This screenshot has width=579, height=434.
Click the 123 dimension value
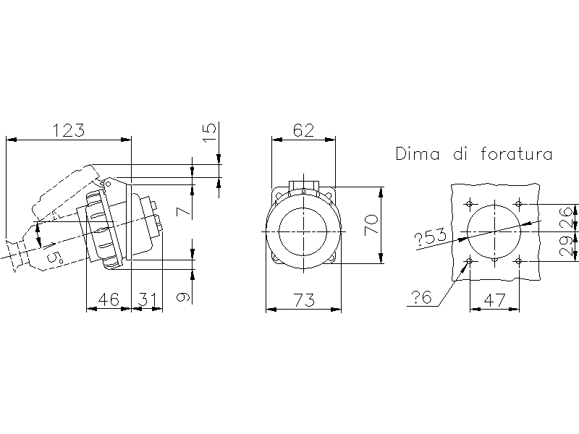69,131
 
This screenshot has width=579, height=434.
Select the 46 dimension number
109,299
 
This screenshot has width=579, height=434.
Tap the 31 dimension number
147,299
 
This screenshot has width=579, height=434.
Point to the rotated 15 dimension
209,133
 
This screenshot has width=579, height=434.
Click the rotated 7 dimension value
184,211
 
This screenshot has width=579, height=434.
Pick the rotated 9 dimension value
184,297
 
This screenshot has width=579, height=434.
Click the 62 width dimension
303,130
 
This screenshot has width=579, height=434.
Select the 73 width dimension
304,300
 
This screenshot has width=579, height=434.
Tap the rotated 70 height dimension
371,225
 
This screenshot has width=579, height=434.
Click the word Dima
418,154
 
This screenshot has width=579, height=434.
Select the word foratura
517,154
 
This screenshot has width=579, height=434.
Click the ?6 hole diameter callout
420,297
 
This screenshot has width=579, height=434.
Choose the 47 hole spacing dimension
494,300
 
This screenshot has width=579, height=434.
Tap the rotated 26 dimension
567,218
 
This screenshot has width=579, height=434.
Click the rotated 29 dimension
567,247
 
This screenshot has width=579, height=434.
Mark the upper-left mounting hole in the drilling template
470,204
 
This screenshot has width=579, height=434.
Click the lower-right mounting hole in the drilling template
519,261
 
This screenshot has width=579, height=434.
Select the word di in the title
460,154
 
